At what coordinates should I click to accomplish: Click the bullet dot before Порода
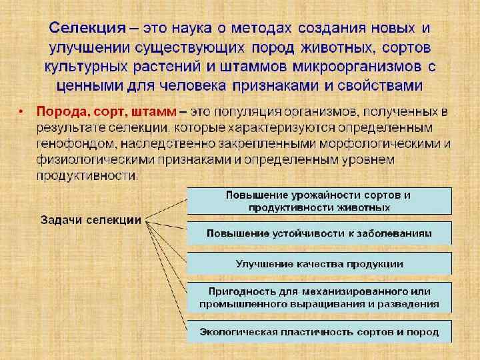[22, 111]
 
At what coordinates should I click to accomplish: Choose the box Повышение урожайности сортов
[319, 201]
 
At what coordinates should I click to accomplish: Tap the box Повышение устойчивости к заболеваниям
[319, 233]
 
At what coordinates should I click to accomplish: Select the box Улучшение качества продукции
[319, 263]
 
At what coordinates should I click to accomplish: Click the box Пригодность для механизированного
[319, 297]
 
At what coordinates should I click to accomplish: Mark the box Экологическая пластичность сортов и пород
[319, 331]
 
